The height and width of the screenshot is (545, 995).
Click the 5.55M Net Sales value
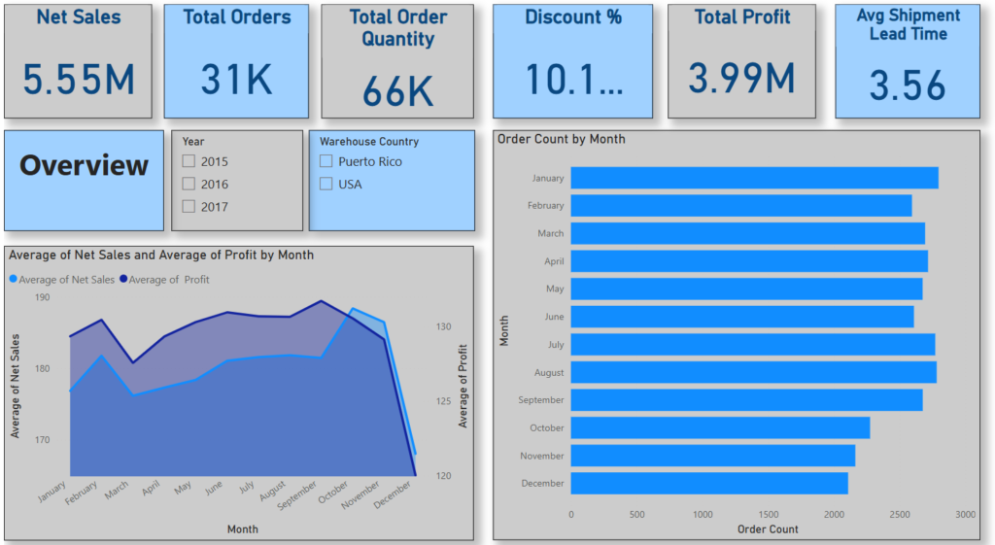click(79, 79)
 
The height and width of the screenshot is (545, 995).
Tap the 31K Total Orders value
click(237, 79)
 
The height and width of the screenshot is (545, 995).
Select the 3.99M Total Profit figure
click(741, 78)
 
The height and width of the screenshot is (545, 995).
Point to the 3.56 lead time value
click(907, 85)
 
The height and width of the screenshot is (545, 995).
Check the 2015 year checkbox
click(189, 161)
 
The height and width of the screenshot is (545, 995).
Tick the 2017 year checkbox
click(189, 206)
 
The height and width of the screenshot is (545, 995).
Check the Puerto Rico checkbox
click(326, 161)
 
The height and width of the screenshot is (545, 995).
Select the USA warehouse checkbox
click(326, 184)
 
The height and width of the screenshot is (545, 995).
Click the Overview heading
click(85, 165)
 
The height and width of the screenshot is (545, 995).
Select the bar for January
click(754, 178)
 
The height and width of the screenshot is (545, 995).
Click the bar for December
click(708, 483)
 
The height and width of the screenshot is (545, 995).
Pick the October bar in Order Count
click(719, 427)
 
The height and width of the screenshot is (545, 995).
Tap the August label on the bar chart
click(548, 372)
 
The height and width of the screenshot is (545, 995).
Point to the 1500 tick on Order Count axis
click(768, 515)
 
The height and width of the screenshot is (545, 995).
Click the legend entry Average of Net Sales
click(65, 280)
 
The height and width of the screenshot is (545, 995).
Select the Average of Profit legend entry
click(168, 280)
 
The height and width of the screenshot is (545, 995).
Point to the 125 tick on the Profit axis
click(443, 401)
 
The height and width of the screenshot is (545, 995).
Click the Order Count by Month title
click(561, 139)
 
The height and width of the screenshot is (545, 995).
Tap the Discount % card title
click(573, 17)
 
